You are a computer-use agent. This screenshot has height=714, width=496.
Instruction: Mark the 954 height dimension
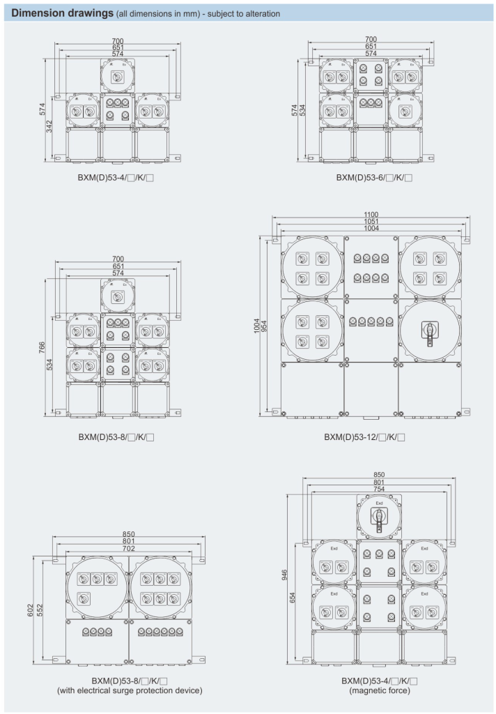265,326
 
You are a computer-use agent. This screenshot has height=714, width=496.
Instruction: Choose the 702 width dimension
128,549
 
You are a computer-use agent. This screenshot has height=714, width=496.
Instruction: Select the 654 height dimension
295,600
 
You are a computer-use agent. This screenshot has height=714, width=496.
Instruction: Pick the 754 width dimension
379,489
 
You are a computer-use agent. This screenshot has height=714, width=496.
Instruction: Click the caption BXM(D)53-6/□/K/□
373,178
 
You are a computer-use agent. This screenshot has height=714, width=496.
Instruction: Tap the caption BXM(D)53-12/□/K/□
364,437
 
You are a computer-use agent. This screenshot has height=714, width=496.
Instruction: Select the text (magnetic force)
379,690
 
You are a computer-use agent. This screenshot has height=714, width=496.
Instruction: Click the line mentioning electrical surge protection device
130,690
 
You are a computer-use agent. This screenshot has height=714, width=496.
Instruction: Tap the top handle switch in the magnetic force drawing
379,516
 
